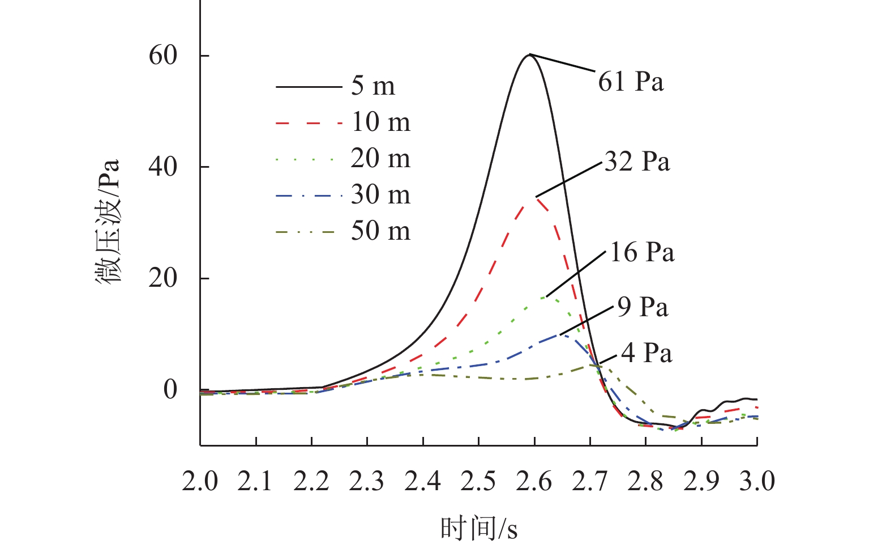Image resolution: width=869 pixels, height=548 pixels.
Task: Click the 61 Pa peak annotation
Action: pos(631,82)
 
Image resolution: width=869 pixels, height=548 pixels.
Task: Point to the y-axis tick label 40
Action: pos(162,167)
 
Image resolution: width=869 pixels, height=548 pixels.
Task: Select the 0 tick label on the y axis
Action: pos(170,389)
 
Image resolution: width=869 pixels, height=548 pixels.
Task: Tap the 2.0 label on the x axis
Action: pos(200,481)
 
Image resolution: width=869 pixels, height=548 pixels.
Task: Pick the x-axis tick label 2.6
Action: pos(534,481)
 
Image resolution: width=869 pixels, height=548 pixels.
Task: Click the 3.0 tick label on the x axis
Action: pos(757,481)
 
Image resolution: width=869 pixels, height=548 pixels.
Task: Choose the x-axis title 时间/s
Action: pos(478,529)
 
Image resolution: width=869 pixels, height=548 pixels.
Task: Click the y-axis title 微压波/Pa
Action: pos(108,221)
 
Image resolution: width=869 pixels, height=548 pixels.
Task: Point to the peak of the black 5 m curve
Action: pos(529,54)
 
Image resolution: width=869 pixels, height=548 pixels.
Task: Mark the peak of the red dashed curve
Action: pos(536,197)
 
